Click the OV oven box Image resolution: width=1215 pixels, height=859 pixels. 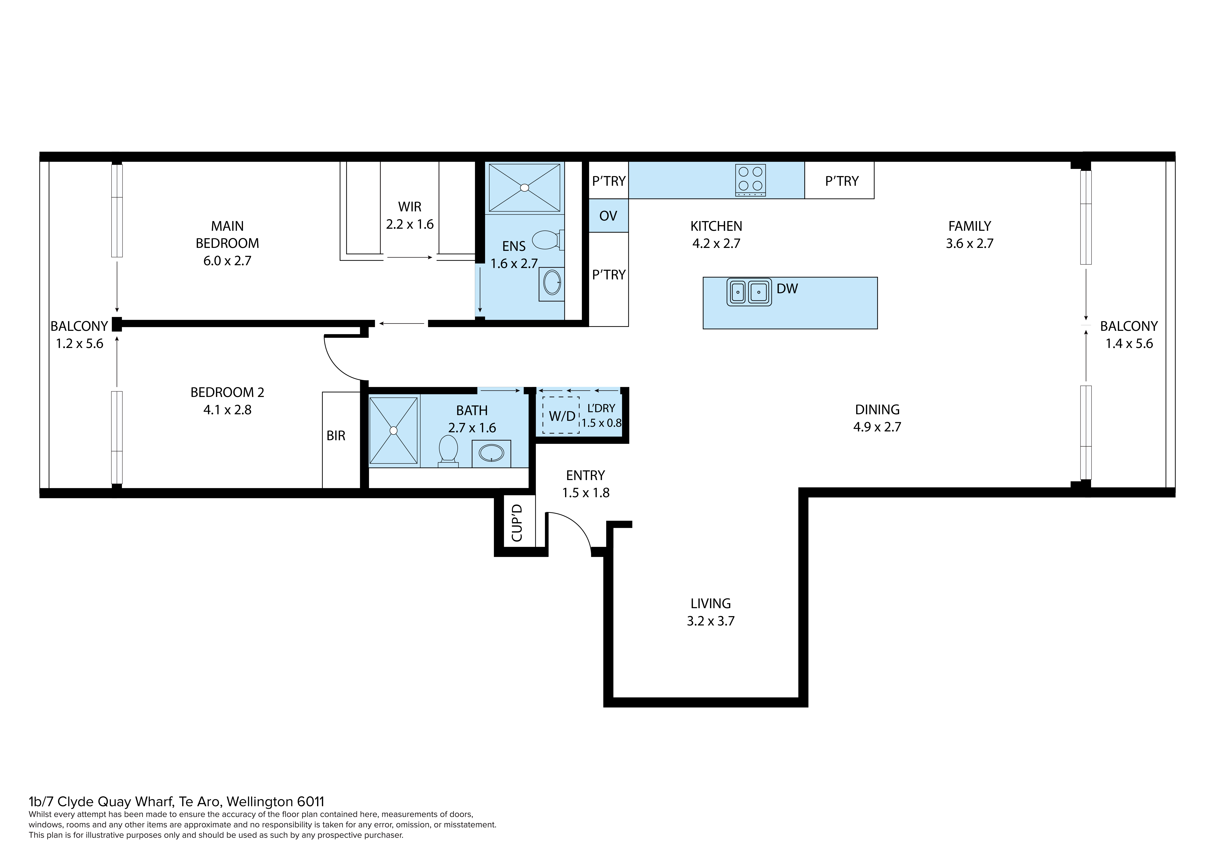click(x=608, y=216)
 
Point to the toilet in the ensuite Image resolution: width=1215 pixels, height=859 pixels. click(x=547, y=240)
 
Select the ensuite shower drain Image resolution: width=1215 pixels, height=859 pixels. click(x=524, y=187)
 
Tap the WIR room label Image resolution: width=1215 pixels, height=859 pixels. click(x=410, y=207)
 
